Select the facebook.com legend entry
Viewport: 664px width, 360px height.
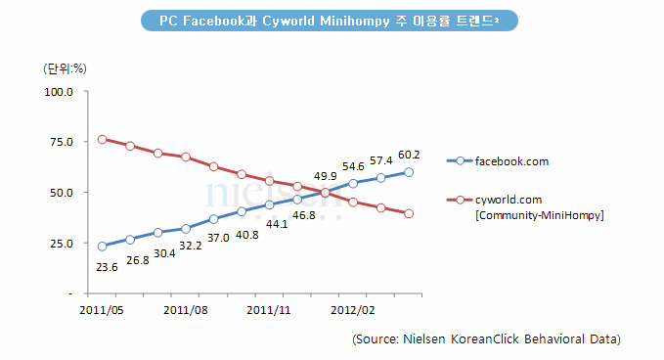508,159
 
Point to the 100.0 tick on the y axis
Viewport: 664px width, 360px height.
59,92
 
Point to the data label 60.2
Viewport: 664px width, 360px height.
409,155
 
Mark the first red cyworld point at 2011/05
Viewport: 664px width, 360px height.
102,140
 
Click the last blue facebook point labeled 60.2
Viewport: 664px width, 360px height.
409,172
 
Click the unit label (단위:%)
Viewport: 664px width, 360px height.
66,68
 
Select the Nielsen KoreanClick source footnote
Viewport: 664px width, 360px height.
486,339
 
